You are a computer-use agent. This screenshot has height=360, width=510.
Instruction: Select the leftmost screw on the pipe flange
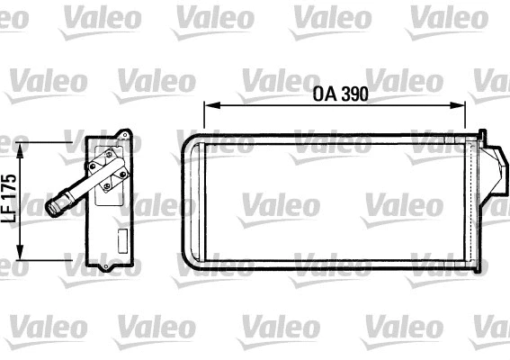[x=94, y=166]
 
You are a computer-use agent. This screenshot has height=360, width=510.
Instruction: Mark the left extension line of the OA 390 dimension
[x=205, y=117]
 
